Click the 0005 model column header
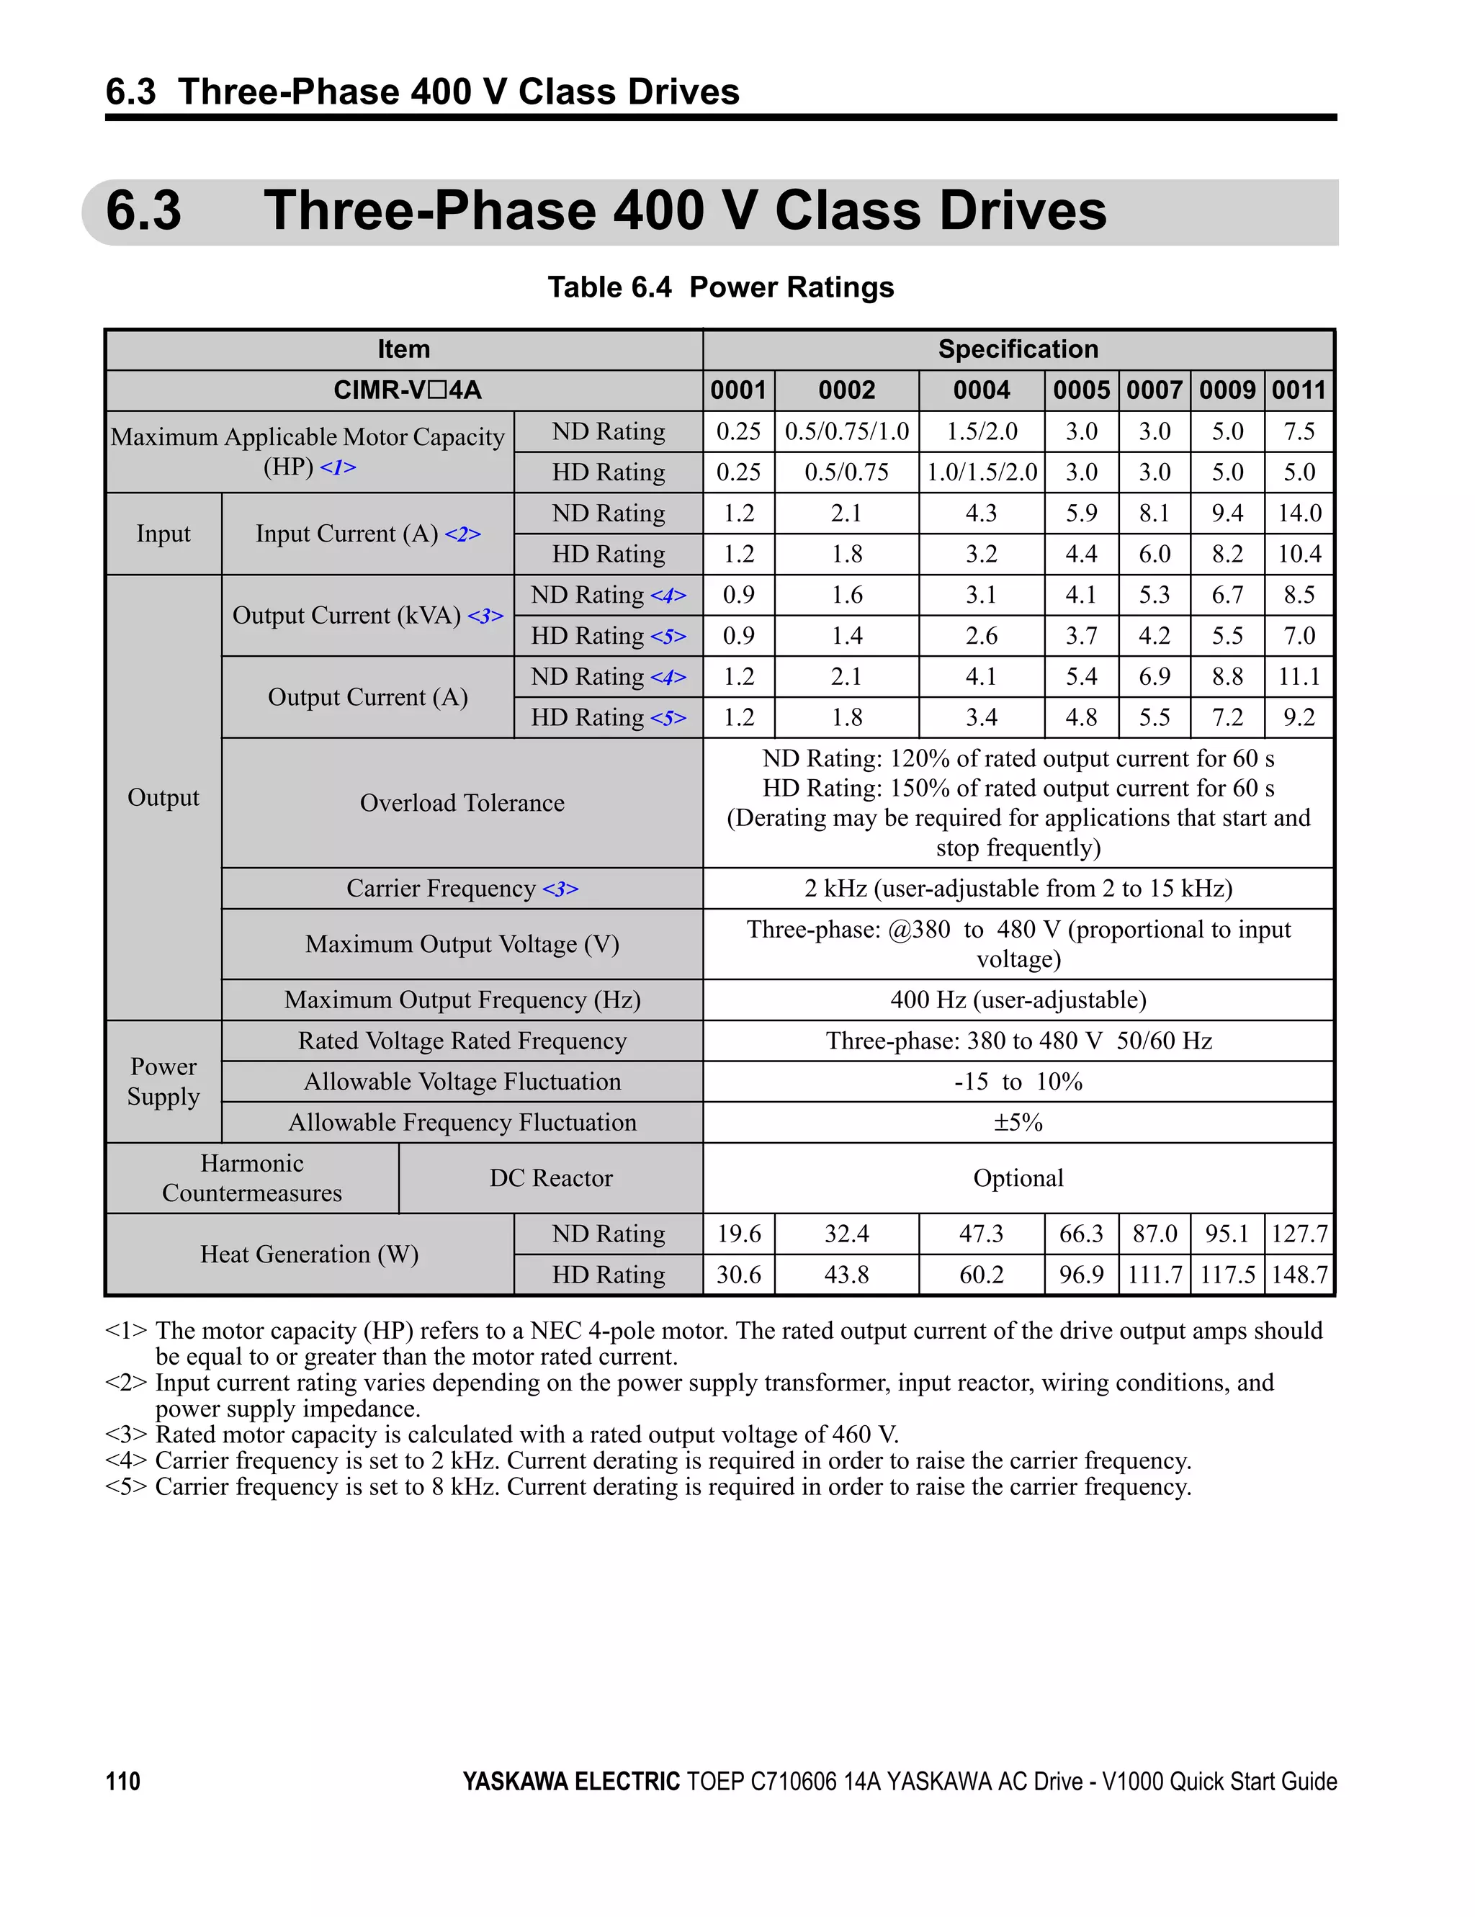(x=1081, y=390)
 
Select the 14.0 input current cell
(x=1299, y=513)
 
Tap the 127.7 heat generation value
(x=1299, y=1234)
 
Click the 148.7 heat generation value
(x=1299, y=1275)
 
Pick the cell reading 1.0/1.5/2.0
(x=982, y=472)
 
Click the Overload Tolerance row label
(x=462, y=802)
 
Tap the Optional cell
(x=1018, y=1178)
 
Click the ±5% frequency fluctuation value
(x=1018, y=1123)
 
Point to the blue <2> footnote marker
(x=462, y=534)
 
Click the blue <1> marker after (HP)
(x=338, y=467)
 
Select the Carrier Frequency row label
(x=462, y=888)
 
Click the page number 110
(x=123, y=1781)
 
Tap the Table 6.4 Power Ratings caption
(x=720, y=287)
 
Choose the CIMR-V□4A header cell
(x=406, y=390)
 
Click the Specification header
(x=1018, y=349)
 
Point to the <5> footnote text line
(x=648, y=1487)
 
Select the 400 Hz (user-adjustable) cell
(x=1018, y=1000)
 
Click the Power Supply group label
(x=163, y=1082)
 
